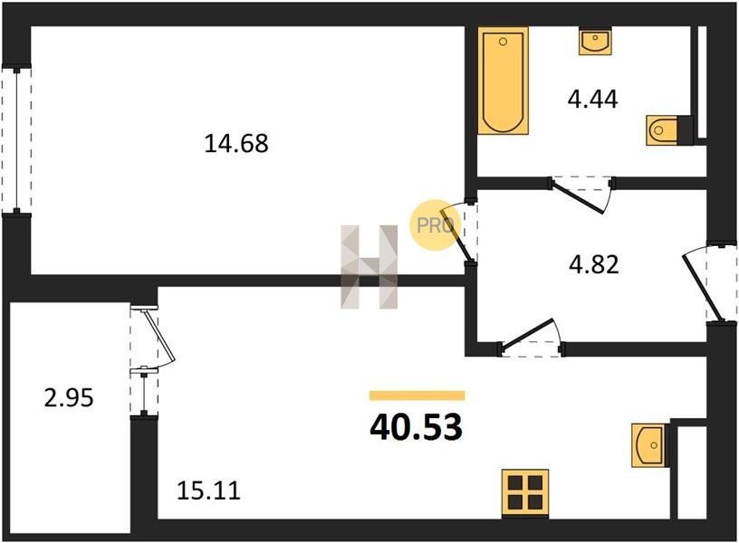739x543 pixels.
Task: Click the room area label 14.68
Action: pos(236,143)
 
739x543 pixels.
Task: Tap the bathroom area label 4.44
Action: pos(592,100)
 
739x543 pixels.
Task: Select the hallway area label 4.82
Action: pos(593,264)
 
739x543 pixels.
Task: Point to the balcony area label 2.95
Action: pos(69,398)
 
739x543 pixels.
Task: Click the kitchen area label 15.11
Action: pos(208,491)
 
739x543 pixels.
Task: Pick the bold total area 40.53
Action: pos(417,427)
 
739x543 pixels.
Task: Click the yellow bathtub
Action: pos(503,81)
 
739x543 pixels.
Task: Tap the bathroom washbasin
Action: pos(595,42)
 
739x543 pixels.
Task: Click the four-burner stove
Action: pos(525,492)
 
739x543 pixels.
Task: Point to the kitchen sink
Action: pos(650,445)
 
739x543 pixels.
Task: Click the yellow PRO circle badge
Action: pos(434,225)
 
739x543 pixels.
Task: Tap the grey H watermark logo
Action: pos(369,267)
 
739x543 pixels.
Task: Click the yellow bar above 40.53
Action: pos(417,395)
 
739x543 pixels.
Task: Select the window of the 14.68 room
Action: pos(16,140)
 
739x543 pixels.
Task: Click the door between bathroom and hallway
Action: pos(581,195)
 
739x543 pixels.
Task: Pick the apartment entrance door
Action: pos(703,287)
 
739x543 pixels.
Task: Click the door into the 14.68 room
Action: pos(456,233)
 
